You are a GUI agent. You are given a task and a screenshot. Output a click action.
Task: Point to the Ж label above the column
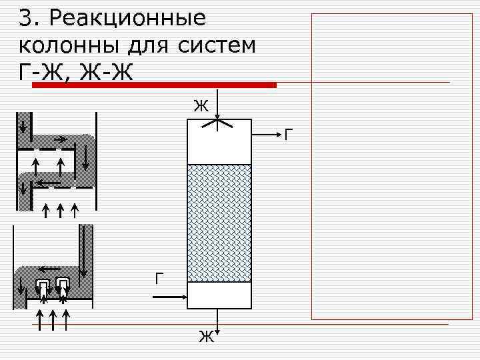click(x=200, y=105)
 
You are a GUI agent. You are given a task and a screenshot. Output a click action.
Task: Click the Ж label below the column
click(x=206, y=337)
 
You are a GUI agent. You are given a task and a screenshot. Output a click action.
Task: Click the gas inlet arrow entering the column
click(x=170, y=295)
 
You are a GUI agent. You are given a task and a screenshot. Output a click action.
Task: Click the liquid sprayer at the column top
click(x=219, y=123)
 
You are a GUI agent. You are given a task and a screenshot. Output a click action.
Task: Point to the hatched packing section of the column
click(x=219, y=223)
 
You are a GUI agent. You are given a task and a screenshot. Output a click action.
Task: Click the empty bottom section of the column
click(x=219, y=295)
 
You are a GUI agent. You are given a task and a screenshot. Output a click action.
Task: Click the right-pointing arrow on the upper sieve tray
click(x=60, y=140)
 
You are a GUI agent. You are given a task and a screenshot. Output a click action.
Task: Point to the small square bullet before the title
click(x=10, y=19)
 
